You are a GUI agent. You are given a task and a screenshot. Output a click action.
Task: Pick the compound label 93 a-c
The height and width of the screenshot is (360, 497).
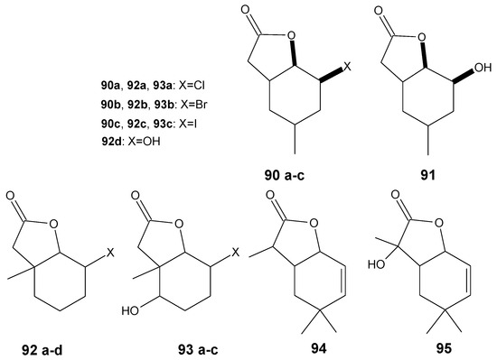tap(172, 346)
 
